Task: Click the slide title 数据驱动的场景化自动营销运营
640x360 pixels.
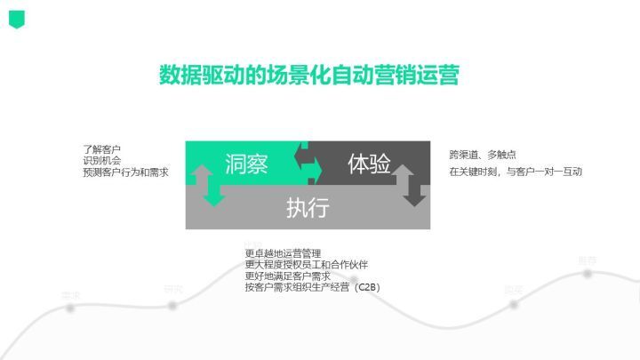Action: pyautogui.click(x=308, y=75)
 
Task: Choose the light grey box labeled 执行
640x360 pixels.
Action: pyautogui.click(x=308, y=208)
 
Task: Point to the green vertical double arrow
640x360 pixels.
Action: pyautogui.click(x=212, y=185)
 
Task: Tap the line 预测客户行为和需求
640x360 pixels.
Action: pyautogui.click(x=125, y=172)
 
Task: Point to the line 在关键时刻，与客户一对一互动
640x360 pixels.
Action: pyautogui.click(x=515, y=171)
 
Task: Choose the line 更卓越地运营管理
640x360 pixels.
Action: pyautogui.click(x=283, y=253)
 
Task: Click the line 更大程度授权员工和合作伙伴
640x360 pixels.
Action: pyautogui.click(x=306, y=265)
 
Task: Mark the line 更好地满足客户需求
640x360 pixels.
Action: pyautogui.click(x=288, y=276)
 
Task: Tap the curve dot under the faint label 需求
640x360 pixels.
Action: pyautogui.click(x=69, y=308)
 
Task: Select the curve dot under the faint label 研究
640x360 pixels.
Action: pyautogui.click(x=172, y=305)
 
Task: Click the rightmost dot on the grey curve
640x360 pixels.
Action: pyautogui.click(x=588, y=274)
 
